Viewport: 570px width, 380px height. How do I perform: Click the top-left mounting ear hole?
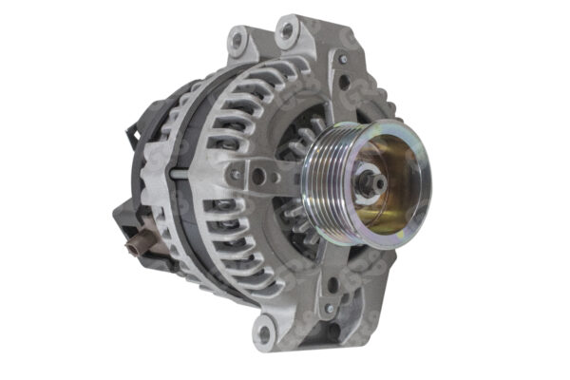[x=237, y=40]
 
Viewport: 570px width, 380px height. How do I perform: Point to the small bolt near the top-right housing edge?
[x=342, y=59]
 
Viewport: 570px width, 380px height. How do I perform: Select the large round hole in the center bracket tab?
[x=259, y=175]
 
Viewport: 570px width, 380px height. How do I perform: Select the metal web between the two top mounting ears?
[x=262, y=43]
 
